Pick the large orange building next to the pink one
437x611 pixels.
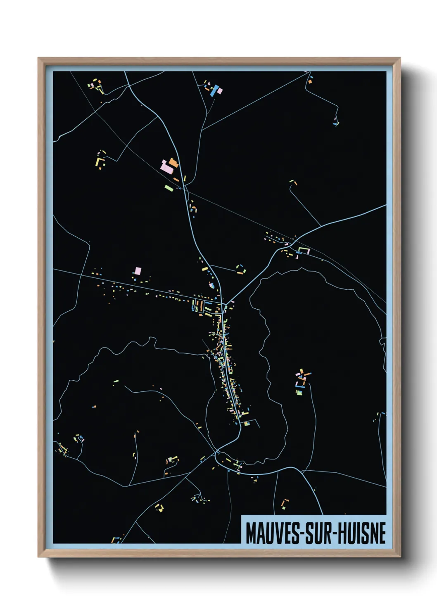click(x=172, y=162)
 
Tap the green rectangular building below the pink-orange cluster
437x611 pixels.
click(x=169, y=188)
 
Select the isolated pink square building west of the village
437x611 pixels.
click(x=138, y=271)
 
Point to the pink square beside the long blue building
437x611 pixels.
click(x=219, y=90)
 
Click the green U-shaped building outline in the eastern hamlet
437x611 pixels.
click(x=304, y=250)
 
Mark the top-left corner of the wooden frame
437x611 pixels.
click(x=39, y=59)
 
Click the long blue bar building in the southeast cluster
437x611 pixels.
click(x=301, y=387)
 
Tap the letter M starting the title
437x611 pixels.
click(x=250, y=533)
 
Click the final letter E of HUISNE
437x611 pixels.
click(x=382, y=533)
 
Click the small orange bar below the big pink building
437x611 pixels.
click(x=176, y=179)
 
